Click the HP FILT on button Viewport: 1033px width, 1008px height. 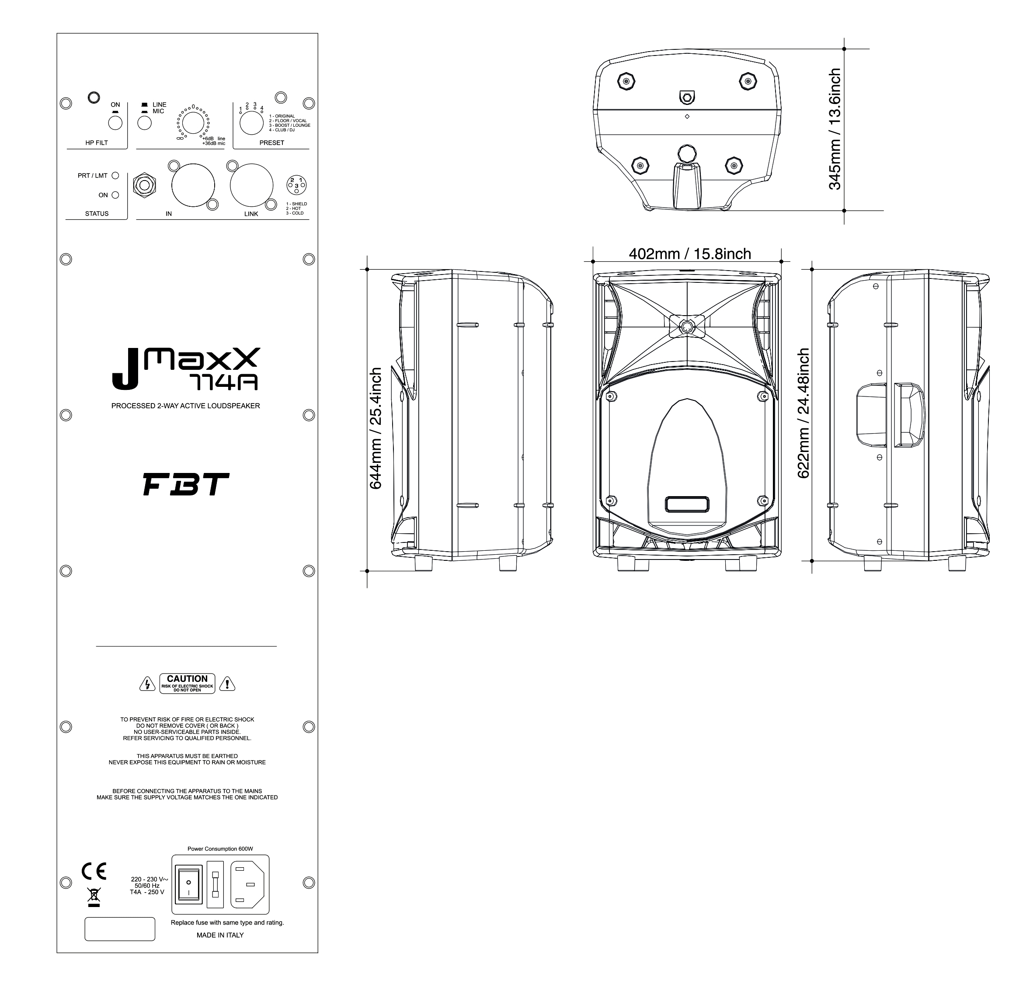click(115, 123)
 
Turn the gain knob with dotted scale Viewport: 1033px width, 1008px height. click(193, 123)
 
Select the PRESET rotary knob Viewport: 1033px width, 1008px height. click(251, 123)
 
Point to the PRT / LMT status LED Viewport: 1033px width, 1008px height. click(115, 176)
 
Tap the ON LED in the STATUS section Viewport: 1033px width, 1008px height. click(115, 195)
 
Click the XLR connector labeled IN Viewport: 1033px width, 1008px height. click(193, 186)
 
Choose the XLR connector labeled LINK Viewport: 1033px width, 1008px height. click(251, 186)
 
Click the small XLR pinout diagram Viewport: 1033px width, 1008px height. click(296, 185)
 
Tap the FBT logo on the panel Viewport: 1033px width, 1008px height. click(186, 484)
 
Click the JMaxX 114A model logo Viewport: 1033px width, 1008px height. click(186, 368)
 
